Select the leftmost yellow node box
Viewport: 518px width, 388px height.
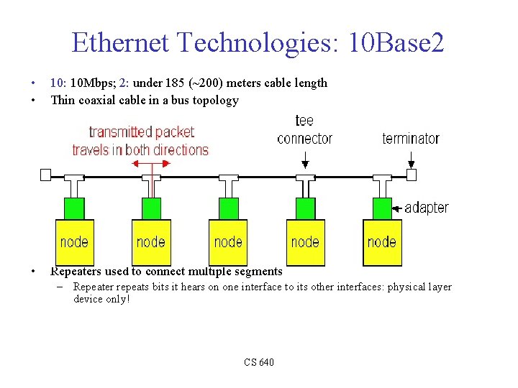click(75, 242)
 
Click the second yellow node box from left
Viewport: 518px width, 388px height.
click(151, 242)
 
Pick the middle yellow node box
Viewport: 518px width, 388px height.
click(228, 242)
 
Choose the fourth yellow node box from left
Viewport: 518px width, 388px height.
click(305, 242)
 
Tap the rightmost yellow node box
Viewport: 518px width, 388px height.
click(382, 242)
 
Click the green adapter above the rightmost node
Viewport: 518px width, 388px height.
click(382, 208)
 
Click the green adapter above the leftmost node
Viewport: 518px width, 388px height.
click(75, 208)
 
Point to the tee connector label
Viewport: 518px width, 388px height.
click(304, 129)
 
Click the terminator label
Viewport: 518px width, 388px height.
click(411, 138)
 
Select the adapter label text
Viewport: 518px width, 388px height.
click(427, 208)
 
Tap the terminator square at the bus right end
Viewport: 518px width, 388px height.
click(412, 175)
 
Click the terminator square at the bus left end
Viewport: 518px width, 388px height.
click(46, 175)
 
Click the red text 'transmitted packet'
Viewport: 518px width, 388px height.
click(141, 132)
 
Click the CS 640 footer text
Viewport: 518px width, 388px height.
click(258, 362)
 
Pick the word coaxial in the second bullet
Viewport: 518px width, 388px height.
click(100, 101)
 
